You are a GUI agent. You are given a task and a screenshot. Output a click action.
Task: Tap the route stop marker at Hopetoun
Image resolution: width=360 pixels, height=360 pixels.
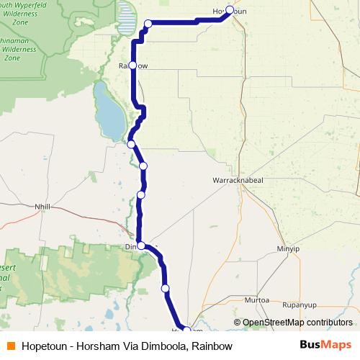[x=230, y=10]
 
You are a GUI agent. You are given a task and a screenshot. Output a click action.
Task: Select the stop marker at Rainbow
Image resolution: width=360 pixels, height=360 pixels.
[x=132, y=66]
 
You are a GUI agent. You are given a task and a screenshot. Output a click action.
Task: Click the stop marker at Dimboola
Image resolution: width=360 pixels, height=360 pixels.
[x=141, y=246]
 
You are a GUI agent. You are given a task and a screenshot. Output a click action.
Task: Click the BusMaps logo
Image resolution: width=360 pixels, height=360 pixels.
[x=325, y=346]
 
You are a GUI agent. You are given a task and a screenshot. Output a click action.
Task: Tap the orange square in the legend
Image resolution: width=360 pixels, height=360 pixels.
[x=10, y=346]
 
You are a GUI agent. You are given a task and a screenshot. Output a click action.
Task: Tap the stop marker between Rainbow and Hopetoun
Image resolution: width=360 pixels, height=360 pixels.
[x=148, y=24]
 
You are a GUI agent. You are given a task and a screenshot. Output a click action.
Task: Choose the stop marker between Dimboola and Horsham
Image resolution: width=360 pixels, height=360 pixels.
[x=166, y=289]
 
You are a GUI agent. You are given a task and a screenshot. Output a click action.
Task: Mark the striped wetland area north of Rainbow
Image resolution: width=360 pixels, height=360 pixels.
[x=127, y=18]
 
